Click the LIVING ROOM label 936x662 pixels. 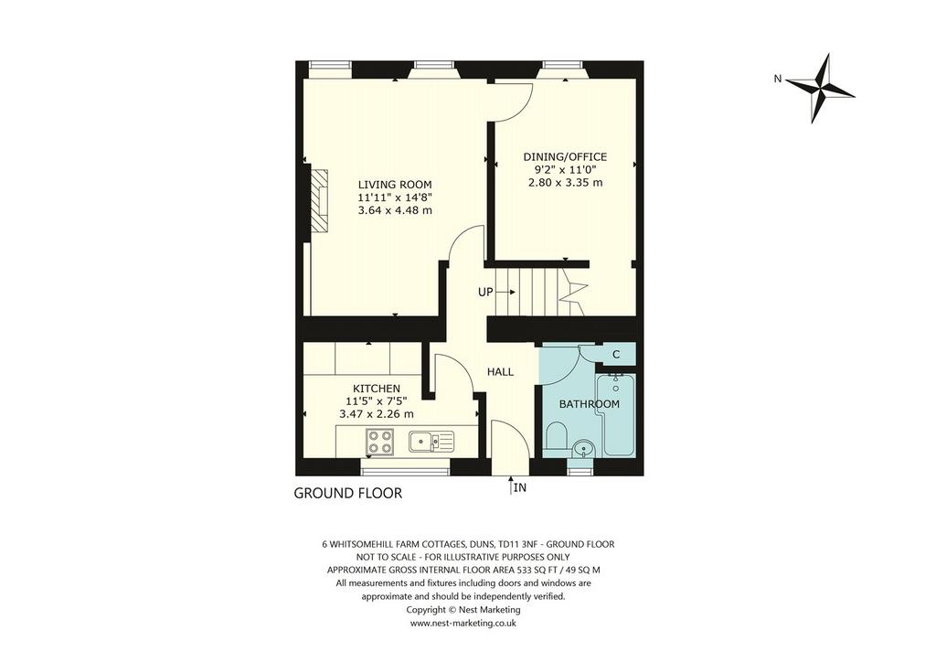(x=395, y=185)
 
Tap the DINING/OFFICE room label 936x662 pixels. (x=565, y=157)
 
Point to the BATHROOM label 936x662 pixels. (x=590, y=404)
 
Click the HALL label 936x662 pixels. (x=500, y=372)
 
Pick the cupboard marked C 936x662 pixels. (x=616, y=355)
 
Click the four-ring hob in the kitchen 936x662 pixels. (x=379, y=443)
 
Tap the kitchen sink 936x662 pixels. (x=431, y=442)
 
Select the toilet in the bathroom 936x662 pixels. (x=557, y=437)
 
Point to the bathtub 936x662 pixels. (x=615, y=415)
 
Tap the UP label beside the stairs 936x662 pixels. (x=485, y=292)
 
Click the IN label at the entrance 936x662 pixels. (x=520, y=487)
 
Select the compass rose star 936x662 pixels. (x=820, y=89)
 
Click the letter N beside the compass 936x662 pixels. (x=777, y=79)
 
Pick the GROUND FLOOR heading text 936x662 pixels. (x=348, y=493)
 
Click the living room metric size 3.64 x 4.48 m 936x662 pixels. (x=395, y=210)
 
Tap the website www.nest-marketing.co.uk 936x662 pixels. (x=463, y=623)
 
